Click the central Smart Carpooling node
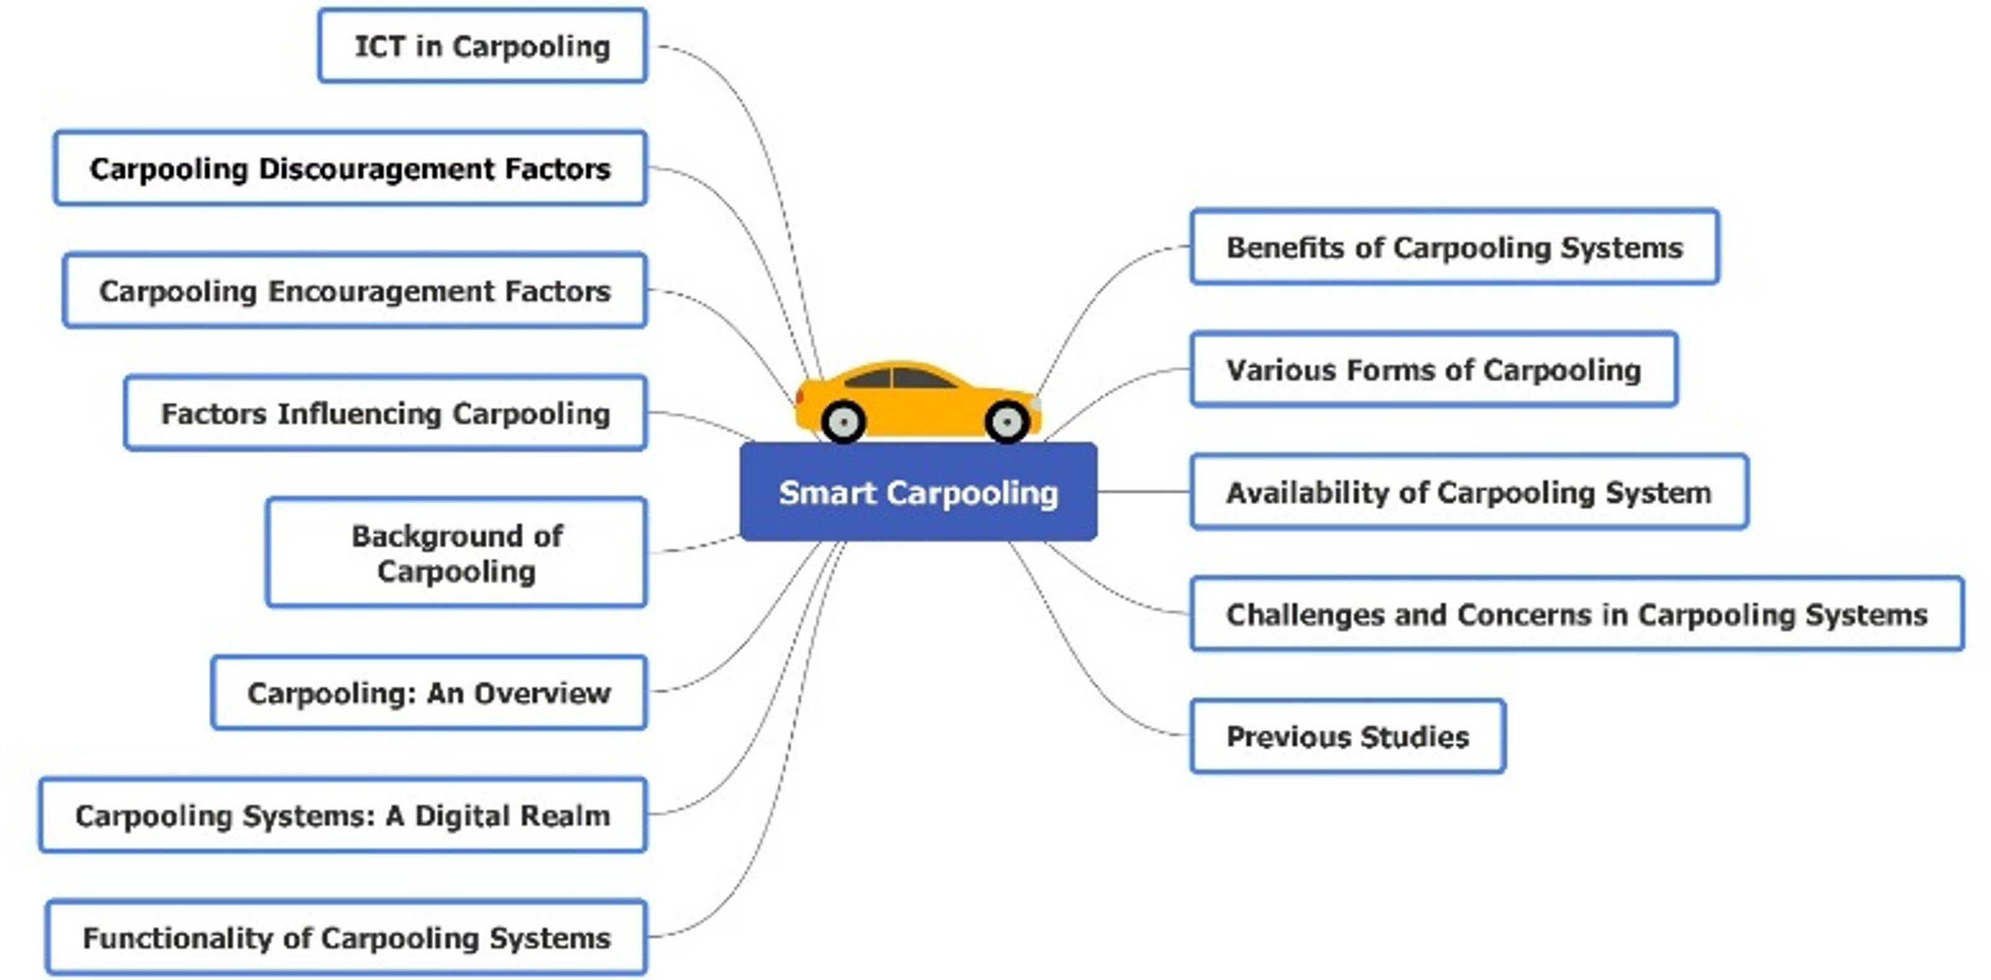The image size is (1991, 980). [918, 492]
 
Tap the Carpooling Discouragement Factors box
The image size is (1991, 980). [350, 168]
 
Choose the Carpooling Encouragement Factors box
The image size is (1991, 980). [355, 291]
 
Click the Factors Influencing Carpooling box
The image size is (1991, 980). [385, 413]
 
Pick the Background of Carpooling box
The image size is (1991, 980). [456, 552]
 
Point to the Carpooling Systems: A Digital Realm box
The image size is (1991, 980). [342, 815]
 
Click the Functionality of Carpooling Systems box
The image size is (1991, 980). [346, 938]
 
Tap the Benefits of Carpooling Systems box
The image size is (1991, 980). [1455, 247]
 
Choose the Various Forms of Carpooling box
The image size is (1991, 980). [1434, 369]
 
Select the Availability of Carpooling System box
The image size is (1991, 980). [1468, 492]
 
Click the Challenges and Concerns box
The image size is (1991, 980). [1577, 615]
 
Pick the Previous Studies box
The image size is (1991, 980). [1348, 736]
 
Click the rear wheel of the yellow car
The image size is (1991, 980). [843, 422]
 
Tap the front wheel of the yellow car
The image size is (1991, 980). [1006, 422]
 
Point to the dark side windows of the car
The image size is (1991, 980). [900, 378]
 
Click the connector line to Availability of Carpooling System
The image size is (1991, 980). [1144, 492]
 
